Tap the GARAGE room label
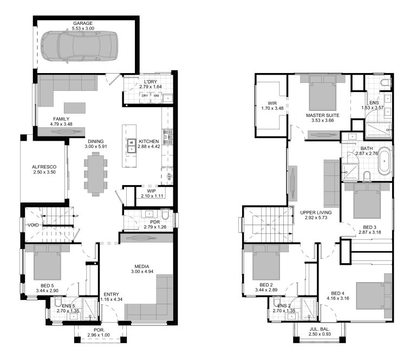(x=83, y=23)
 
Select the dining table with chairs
(x=95, y=173)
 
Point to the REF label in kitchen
(x=170, y=176)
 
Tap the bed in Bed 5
(x=48, y=263)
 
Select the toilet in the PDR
(x=166, y=220)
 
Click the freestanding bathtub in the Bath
(x=383, y=162)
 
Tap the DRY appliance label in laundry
(x=145, y=96)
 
